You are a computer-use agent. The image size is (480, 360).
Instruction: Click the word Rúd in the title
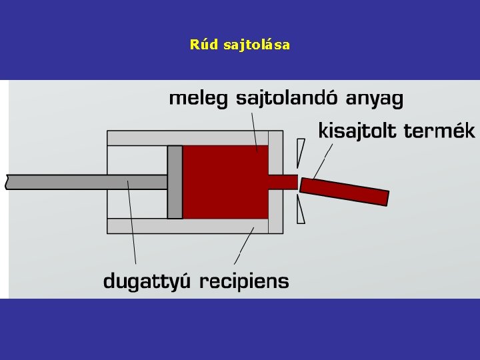pyautogui.click(x=202, y=45)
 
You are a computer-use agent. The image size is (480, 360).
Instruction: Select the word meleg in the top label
pyautogui.click(x=197, y=99)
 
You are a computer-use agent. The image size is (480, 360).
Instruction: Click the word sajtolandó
pyautogui.click(x=288, y=99)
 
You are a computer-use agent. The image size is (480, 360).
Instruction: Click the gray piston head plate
pyautogui.click(x=175, y=182)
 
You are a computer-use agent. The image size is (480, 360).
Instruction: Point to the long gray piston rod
pyautogui.click(x=87, y=181)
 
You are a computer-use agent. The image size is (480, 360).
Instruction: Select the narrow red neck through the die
pyautogui.click(x=283, y=181)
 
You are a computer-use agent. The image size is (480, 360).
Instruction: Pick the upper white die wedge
pyautogui.click(x=302, y=154)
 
